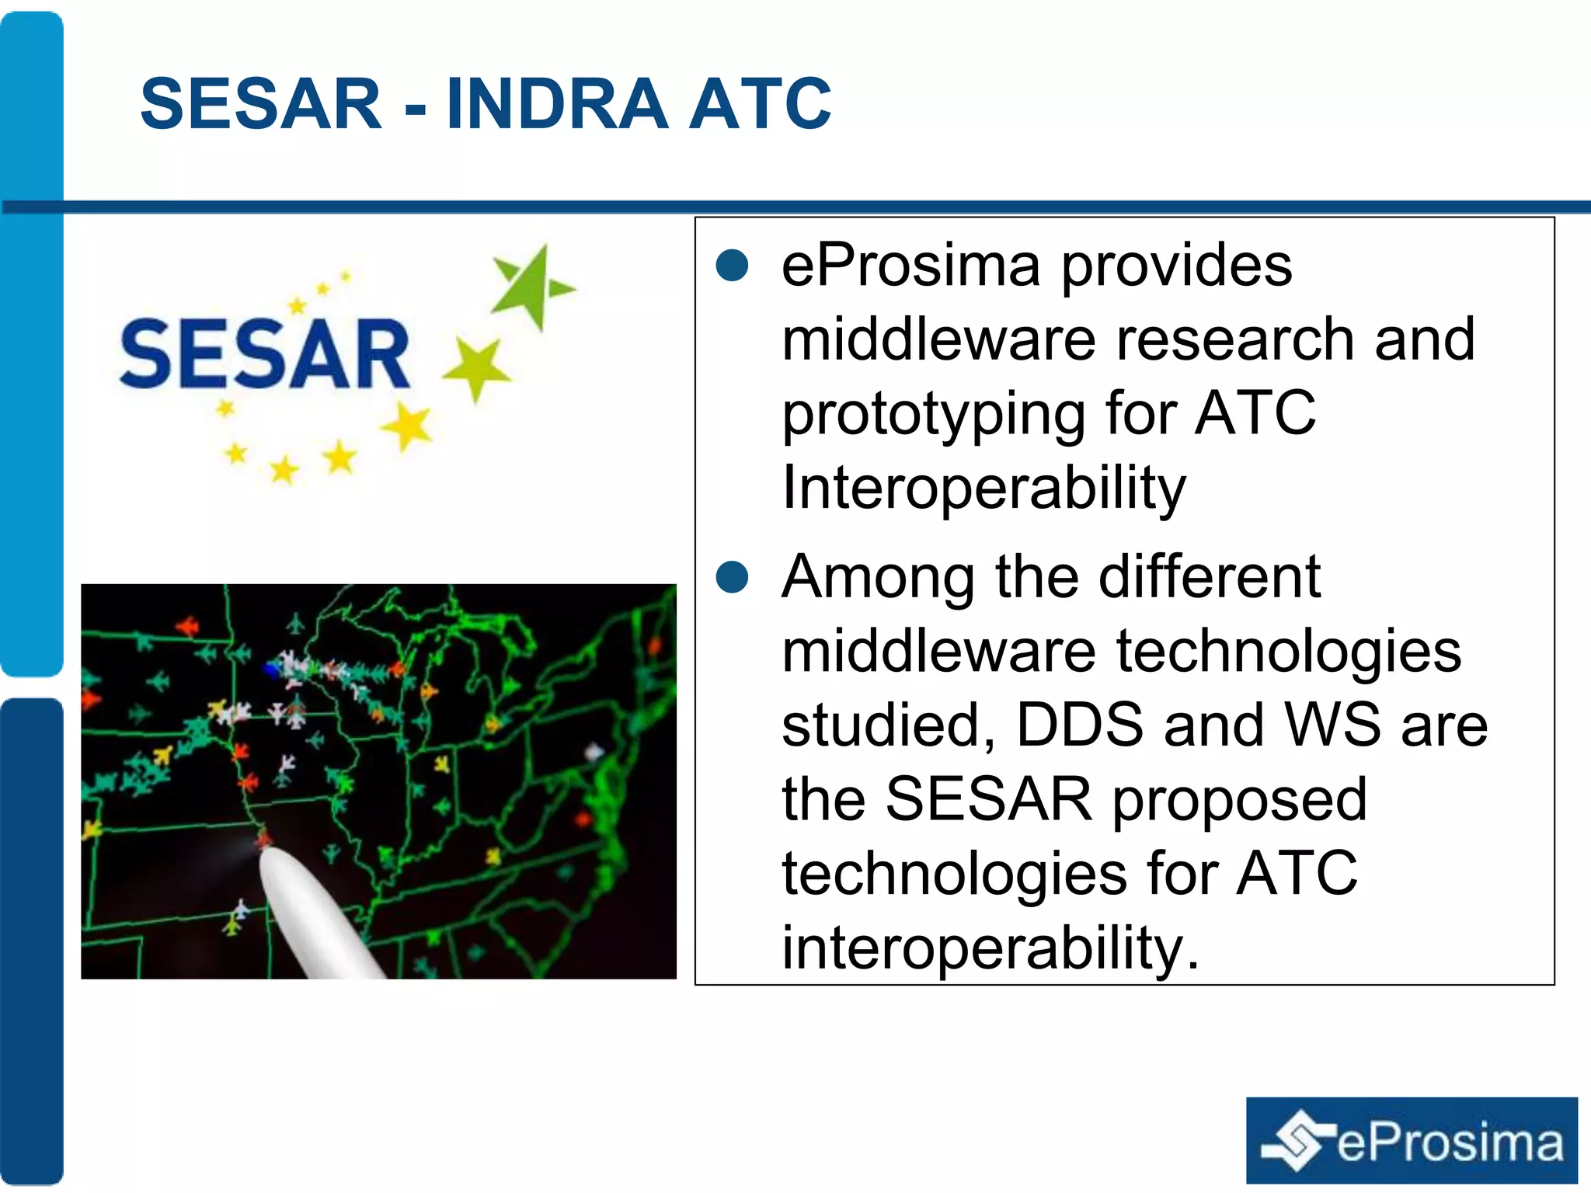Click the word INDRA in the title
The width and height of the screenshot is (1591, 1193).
(557, 104)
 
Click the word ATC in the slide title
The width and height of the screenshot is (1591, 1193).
(760, 104)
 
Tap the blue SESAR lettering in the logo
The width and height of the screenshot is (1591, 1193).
(265, 354)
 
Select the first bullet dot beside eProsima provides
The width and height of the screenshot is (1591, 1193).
(732, 265)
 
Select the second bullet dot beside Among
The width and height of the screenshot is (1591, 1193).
(732, 576)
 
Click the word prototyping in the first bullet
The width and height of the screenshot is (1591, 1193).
(933, 415)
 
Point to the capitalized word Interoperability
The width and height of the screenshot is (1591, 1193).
(983, 488)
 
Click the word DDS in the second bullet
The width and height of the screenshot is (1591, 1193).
(1079, 725)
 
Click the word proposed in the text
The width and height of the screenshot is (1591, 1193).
(1239, 799)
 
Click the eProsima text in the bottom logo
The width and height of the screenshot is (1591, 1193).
(1450, 1143)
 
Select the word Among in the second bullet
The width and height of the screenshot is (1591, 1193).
(878, 576)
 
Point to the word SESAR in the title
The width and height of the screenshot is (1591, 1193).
(261, 104)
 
